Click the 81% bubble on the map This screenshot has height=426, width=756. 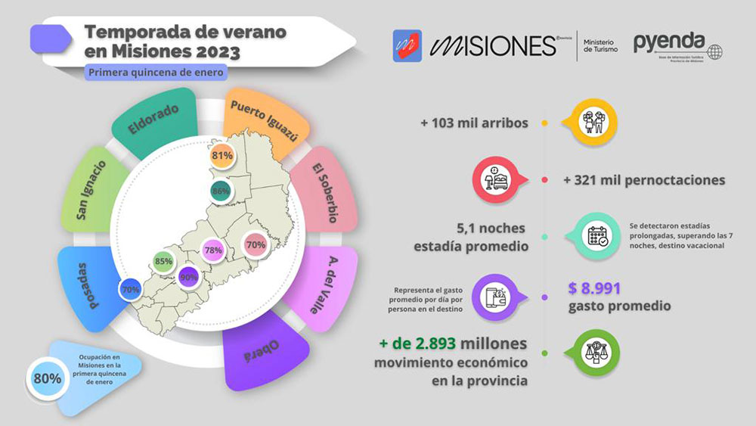tap(222, 157)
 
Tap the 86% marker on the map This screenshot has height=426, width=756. tap(221, 191)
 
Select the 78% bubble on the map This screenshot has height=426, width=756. tap(212, 250)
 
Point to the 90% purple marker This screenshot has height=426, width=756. tap(188, 278)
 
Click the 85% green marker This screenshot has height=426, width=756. tap(163, 262)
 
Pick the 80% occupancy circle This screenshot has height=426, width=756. tap(47, 378)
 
